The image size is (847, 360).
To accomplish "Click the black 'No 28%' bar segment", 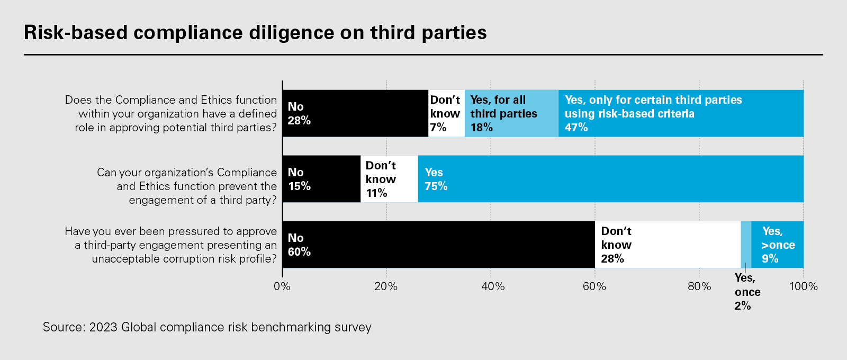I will (355, 113).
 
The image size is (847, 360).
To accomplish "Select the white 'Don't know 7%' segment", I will (446, 113).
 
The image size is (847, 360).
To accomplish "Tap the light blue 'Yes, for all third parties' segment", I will (511, 113).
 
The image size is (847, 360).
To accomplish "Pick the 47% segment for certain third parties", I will (681, 113).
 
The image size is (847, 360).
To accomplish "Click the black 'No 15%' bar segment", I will (321, 179).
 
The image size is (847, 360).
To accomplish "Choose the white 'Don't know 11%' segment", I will (389, 179).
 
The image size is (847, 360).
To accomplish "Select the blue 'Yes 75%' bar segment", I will (610, 179).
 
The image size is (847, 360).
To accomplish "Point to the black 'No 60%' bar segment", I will (438, 245).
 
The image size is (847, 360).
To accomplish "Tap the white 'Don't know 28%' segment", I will (668, 245).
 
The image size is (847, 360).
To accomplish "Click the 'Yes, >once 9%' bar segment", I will (777, 245).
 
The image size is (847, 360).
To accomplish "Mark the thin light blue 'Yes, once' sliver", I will (746, 245).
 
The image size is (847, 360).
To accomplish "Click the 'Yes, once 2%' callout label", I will (747, 292).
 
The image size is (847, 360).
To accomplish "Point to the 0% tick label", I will (282, 286).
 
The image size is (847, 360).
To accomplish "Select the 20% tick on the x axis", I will (386, 286).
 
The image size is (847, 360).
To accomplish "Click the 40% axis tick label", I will (490, 286).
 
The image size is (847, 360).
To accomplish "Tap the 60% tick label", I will (594, 286).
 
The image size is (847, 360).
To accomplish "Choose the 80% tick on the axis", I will (699, 286).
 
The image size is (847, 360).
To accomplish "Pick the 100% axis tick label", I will (803, 286).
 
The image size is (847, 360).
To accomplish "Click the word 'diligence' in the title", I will (293, 33).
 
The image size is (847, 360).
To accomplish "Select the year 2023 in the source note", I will (103, 327).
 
